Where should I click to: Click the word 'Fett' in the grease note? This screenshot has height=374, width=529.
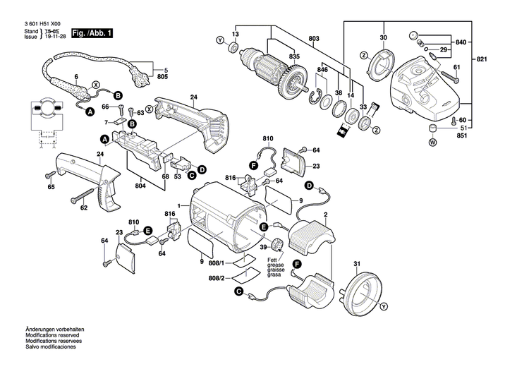(x=272, y=261)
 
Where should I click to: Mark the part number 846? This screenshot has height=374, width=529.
(x=322, y=71)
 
